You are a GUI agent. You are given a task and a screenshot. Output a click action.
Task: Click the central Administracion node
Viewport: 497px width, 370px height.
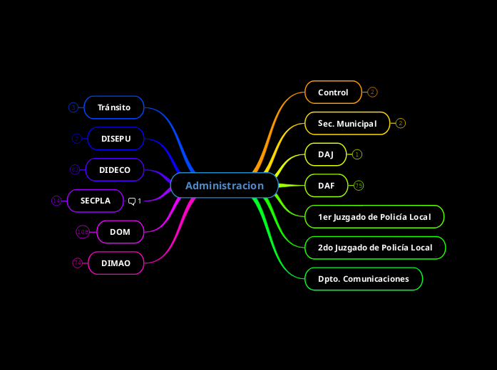[225, 186]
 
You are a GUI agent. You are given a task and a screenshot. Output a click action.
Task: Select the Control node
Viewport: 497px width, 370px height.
[333, 92]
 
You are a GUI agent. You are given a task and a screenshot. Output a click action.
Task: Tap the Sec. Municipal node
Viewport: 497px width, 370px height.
[347, 124]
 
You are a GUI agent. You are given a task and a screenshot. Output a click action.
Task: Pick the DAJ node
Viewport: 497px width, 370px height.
[326, 154]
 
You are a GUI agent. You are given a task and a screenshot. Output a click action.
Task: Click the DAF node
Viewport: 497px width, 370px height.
[327, 186]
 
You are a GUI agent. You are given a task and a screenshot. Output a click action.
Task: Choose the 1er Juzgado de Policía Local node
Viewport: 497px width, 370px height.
[374, 216]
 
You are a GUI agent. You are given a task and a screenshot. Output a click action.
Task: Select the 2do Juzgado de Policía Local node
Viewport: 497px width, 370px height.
[375, 248]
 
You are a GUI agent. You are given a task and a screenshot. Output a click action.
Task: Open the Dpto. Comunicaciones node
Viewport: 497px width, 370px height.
[364, 279]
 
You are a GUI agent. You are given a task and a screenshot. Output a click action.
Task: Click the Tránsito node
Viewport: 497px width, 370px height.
[114, 107]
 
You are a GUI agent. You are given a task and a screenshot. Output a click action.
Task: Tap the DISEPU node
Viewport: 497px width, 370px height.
[116, 138]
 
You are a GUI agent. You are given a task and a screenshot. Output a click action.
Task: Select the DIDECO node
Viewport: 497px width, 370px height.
[115, 170]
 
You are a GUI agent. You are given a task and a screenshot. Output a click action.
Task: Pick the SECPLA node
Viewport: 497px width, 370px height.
[96, 201]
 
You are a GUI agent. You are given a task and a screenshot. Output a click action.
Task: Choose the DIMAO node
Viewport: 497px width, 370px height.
[116, 263]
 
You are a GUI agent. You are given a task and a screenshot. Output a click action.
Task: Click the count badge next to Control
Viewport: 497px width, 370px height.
[372, 92]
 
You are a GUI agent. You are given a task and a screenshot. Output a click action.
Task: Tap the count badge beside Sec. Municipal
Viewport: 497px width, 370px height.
[401, 124]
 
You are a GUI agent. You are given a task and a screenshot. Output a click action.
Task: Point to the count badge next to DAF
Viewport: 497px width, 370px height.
[359, 186]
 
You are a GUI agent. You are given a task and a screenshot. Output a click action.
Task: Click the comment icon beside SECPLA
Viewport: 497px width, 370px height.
[132, 201]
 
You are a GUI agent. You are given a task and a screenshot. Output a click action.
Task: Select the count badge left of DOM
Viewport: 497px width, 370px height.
[83, 231]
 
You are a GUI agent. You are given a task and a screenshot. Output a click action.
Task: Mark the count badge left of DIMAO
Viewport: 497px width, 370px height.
[78, 263]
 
